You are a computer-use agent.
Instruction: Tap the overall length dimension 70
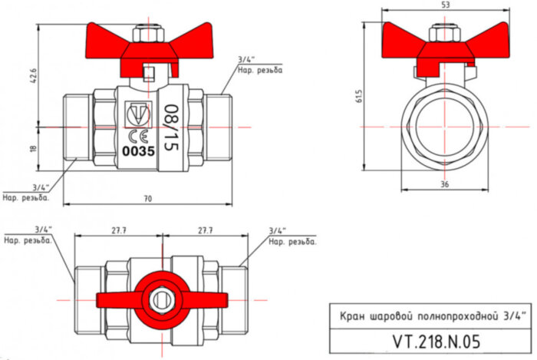point(147,199)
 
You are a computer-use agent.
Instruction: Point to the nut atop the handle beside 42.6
point(147,35)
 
